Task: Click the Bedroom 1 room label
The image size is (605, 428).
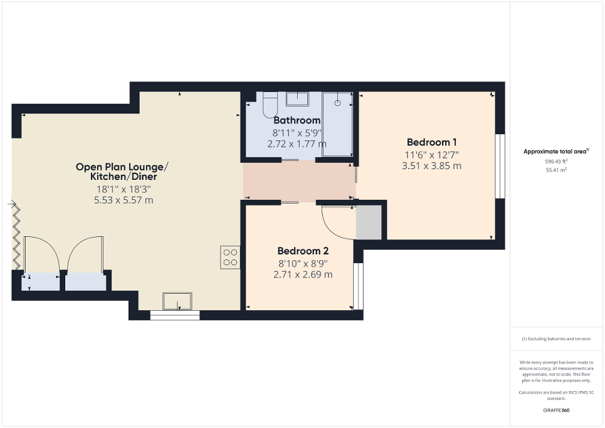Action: point(432,142)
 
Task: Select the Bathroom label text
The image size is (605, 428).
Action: point(297,120)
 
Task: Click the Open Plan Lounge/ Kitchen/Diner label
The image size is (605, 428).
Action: point(122,172)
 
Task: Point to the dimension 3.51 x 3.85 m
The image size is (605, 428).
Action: point(431,166)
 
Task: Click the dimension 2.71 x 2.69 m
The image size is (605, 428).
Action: point(303,274)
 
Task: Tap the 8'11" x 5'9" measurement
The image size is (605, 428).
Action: point(297,133)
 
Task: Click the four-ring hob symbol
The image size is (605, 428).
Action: point(230,258)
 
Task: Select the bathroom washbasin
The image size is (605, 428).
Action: point(297,98)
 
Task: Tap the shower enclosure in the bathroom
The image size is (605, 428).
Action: point(337,123)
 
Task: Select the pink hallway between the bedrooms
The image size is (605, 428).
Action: point(298,182)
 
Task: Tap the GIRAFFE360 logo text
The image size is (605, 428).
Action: point(556,410)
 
